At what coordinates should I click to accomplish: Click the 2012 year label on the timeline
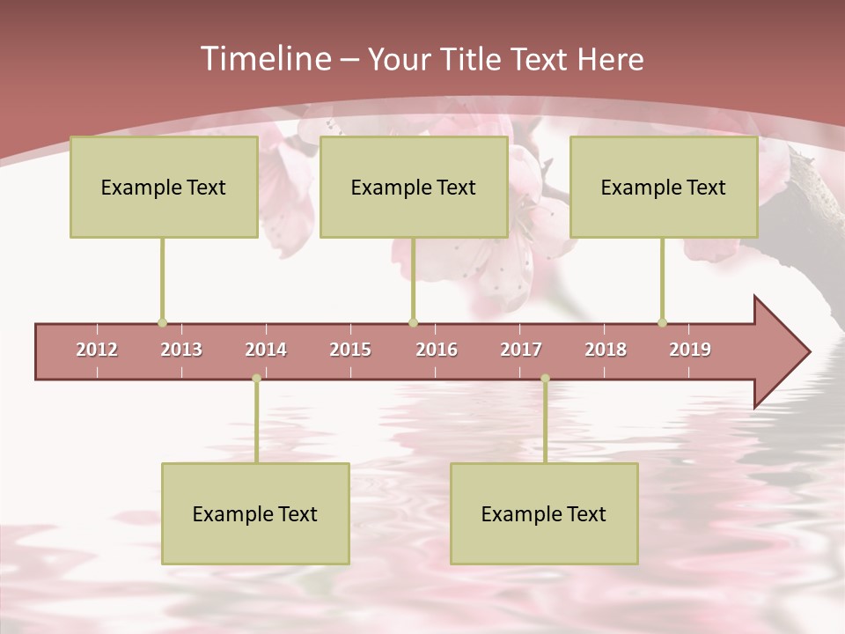pos(97,350)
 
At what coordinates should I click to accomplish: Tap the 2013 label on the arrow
pos(181,350)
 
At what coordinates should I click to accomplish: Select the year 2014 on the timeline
pos(266,350)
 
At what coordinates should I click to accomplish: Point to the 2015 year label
pos(350,350)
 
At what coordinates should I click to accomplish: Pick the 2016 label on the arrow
pos(437,350)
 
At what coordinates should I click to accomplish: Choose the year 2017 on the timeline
pos(521,350)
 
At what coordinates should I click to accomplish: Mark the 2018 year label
pos(606,350)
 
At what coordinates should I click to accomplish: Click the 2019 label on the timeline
pos(690,350)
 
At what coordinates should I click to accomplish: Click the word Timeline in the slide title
pos(265,59)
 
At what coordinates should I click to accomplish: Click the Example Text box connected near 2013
pos(164,187)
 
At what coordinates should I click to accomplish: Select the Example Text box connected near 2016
pos(414,187)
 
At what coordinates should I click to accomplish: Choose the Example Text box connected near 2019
pos(664,187)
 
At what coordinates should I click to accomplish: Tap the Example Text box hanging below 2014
pos(255,513)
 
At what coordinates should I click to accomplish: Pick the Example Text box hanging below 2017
pos(544,513)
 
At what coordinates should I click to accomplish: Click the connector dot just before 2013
pos(162,323)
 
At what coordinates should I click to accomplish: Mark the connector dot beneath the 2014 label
pos(256,379)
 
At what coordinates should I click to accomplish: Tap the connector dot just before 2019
pos(662,323)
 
